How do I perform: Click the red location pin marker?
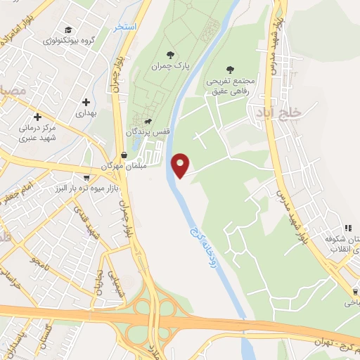181,165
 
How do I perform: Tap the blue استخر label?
127,26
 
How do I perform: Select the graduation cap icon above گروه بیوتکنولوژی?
68,30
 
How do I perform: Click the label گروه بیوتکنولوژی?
67,41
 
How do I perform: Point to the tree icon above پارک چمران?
169,54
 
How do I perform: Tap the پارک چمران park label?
167,66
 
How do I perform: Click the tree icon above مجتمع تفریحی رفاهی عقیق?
230,69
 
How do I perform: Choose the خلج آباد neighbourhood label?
304,112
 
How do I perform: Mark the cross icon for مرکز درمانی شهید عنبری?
37,116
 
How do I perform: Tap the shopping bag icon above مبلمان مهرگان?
124,155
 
